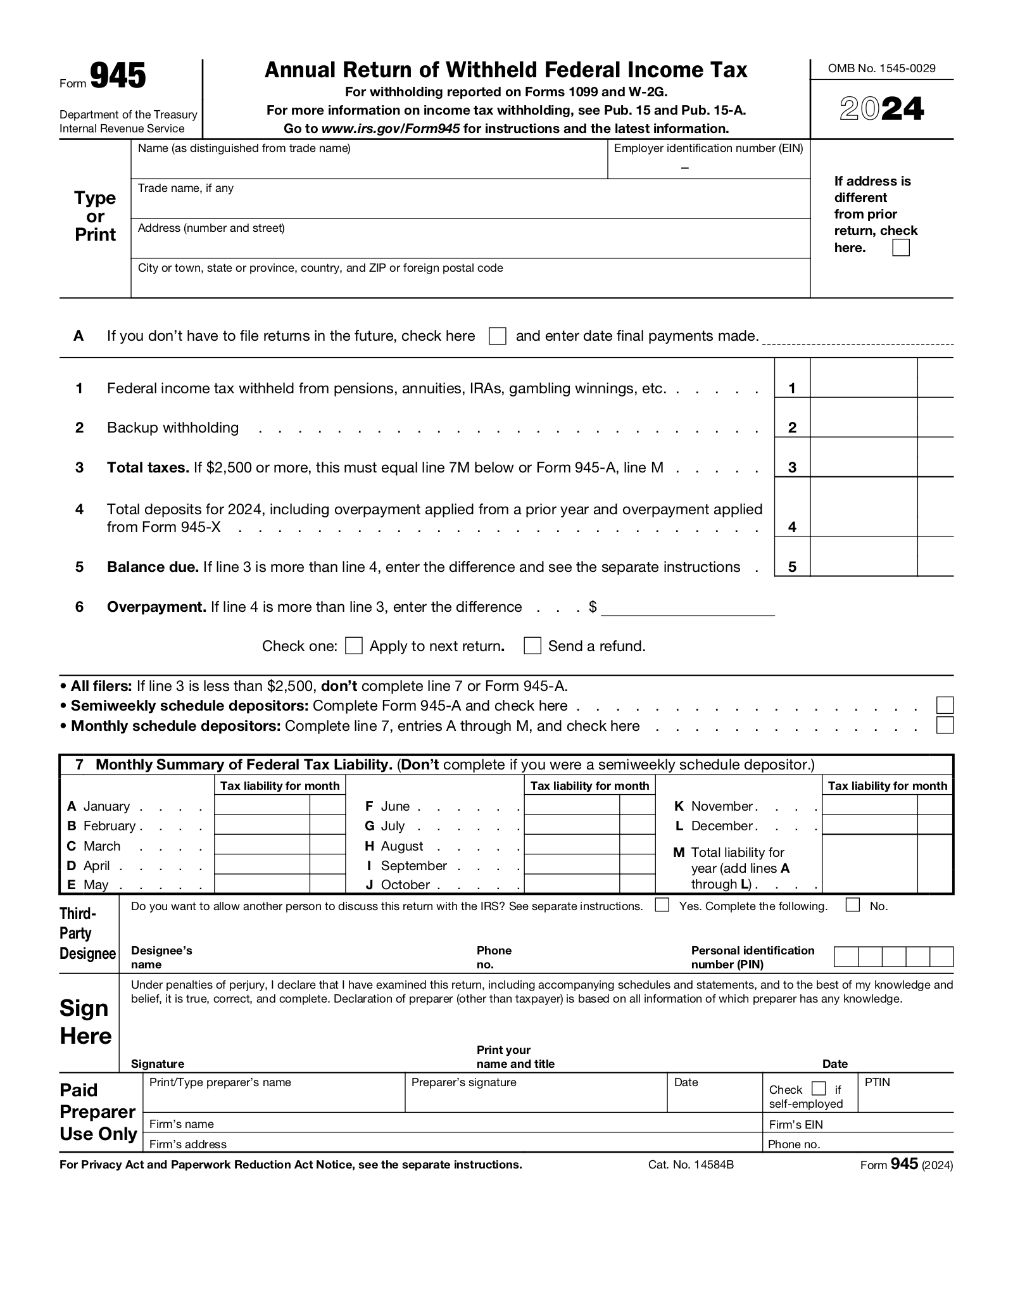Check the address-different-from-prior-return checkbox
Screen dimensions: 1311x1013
pos(900,248)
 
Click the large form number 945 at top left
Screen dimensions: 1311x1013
pos(118,77)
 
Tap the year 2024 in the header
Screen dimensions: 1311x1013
pos(881,110)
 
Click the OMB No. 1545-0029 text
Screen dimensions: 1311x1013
pos(881,68)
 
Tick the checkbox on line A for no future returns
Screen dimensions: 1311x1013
pos(498,336)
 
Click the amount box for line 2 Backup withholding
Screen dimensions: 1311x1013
pos(864,418)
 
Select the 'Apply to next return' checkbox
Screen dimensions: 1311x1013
pos(354,646)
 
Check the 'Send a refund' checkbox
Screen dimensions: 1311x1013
pos(532,646)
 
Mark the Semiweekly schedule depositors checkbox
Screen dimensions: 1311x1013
pos(945,705)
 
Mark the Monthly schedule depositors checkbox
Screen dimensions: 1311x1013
pos(945,725)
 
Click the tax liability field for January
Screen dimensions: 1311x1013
pos(262,805)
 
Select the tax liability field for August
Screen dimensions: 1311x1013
pos(572,845)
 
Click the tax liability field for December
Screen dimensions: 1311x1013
pos(869,825)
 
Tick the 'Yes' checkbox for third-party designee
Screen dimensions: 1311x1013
pos(662,905)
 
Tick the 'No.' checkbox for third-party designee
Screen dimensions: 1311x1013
pos(853,905)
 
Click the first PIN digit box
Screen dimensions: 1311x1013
pos(846,957)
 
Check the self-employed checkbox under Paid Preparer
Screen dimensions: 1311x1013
pos(819,1089)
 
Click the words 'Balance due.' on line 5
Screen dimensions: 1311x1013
pos(153,567)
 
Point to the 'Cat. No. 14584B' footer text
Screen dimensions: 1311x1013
pos(691,1165)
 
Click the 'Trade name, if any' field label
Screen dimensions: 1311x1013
pos(186,189)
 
